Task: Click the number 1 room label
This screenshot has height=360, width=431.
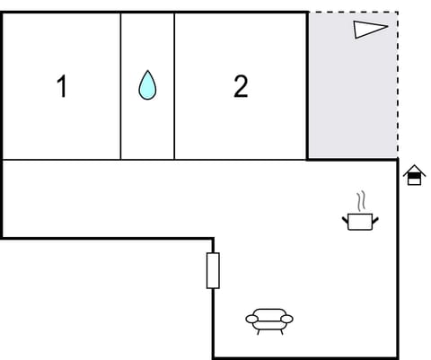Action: [62, 87]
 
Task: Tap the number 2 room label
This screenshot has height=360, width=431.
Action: [241, 86]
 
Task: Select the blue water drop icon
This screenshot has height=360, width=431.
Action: [147, 85]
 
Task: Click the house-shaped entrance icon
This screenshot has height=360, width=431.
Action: [413, 175]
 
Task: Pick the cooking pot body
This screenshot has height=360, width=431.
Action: [361, 220]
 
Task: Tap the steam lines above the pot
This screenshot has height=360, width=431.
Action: [361, 200]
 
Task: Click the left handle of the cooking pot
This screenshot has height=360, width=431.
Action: [346, 217]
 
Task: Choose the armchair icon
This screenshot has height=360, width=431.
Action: [269, 320]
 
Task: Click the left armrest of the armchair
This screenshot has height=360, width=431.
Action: [251, 318]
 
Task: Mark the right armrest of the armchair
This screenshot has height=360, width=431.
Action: [288, 318]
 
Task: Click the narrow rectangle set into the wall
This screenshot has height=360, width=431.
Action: [213, 270]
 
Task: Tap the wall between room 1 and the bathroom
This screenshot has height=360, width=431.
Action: [120, 86]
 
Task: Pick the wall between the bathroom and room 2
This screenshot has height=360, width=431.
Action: [174, 86]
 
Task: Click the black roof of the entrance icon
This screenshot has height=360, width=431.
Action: [413, 170]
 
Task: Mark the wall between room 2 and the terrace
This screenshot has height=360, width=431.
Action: [307, 86]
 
